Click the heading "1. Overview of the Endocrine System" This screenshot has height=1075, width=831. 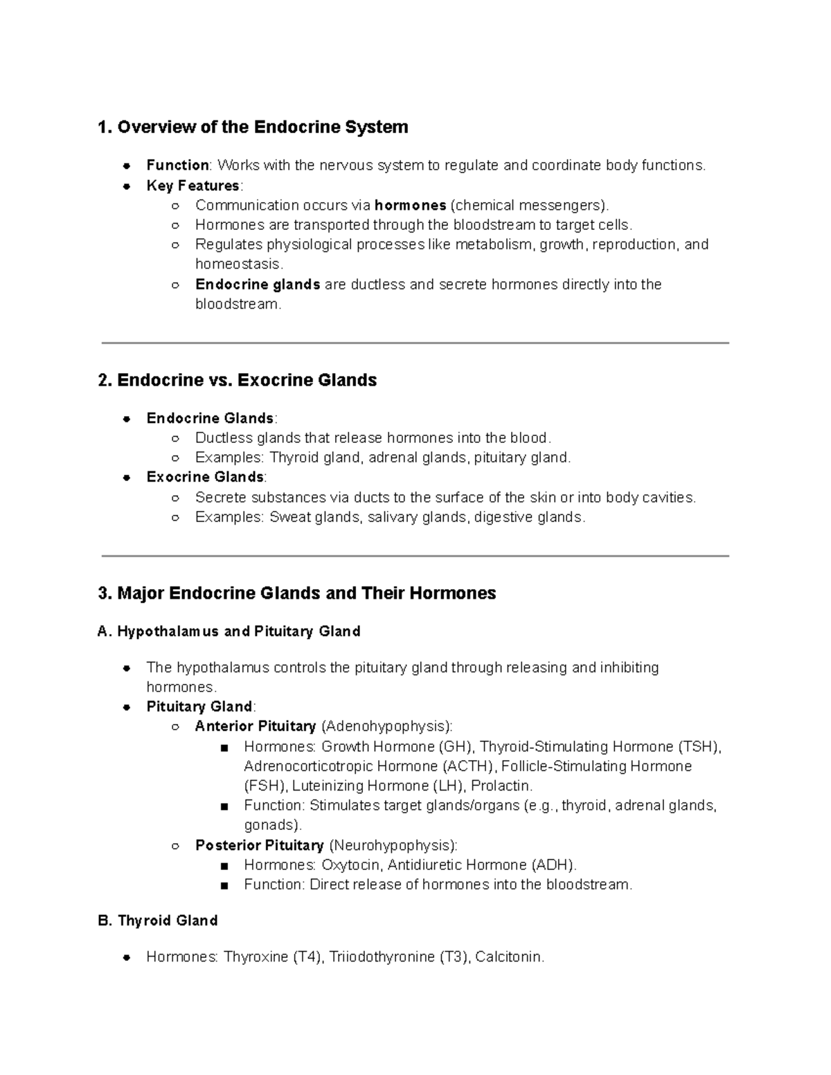click(253, 127)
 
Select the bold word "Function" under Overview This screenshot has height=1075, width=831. click(177, 165)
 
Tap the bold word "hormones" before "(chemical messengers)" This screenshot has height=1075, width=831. click(410, 206)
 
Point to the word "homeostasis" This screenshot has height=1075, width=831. click(238, 264)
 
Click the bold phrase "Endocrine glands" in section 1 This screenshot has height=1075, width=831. click(258, 284)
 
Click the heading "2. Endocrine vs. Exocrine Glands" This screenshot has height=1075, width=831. click(238, 380)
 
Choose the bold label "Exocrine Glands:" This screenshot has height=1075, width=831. click(206, 477)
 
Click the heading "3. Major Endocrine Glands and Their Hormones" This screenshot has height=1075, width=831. click(297, 593)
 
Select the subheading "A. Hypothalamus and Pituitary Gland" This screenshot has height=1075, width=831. click(229, 631)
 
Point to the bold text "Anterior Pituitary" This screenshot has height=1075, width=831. click(256, 726)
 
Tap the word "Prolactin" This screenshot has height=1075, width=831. click(501, 786)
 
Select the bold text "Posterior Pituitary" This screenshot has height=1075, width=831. click(260, 845)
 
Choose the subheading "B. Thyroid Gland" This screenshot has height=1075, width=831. click(158, 921)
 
